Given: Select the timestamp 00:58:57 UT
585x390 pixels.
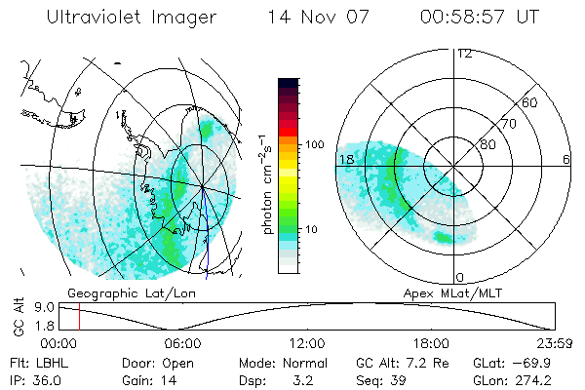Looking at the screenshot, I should click(479, 19).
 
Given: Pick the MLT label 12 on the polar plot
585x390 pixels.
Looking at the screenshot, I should click(464, 54).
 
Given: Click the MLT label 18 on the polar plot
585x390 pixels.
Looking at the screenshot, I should click(345, 159).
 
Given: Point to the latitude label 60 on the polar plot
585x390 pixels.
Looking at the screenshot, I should click(530, 102).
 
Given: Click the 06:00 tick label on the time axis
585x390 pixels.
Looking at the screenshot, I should click(183, 343).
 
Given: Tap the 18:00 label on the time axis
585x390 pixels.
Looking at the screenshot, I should click(431, 343).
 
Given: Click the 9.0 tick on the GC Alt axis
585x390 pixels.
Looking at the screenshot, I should click(44, 306).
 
